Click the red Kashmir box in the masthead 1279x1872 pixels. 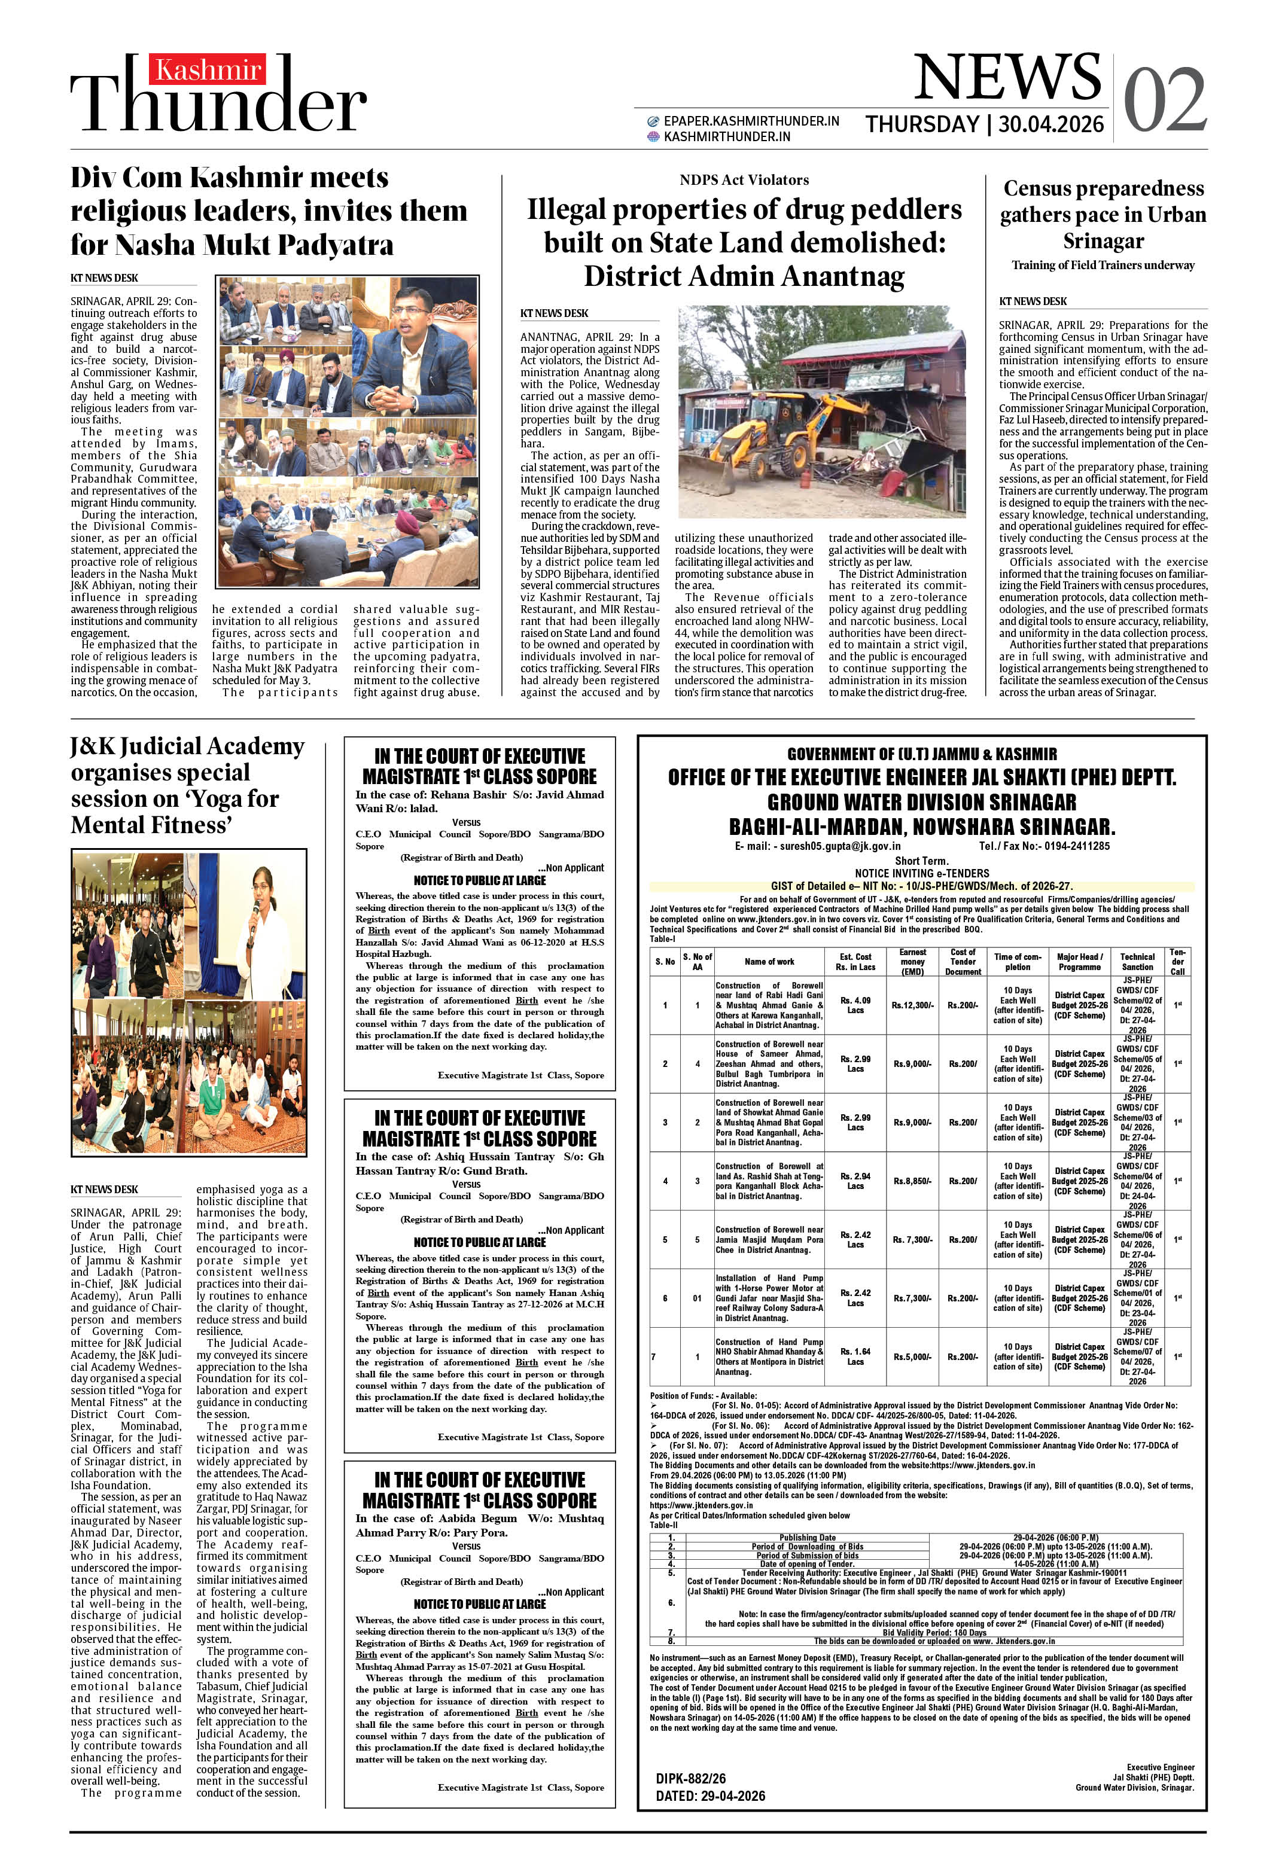tap(207, 70)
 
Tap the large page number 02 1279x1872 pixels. tap(1165, 100)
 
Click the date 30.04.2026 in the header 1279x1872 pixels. tap(1051, 124)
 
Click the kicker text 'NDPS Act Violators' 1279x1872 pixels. tap(744, 179)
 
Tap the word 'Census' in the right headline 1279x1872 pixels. tap(1044, 188)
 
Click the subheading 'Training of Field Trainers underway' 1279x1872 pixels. tap(1103, 265)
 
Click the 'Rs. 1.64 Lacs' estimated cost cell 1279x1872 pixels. tap(855, 1356)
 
